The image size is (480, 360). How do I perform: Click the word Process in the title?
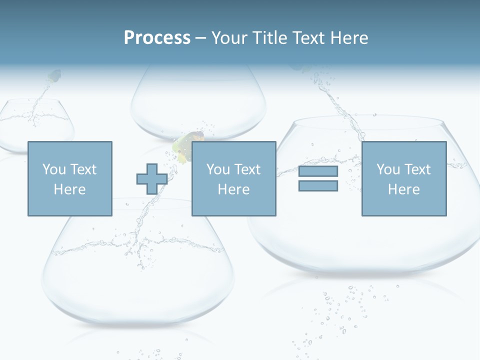157,37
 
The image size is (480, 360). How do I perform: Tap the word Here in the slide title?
348,37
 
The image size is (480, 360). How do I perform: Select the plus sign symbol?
152,179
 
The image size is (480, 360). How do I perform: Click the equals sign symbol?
318,179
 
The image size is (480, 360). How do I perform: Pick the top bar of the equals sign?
318,171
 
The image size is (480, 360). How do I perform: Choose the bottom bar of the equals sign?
318,186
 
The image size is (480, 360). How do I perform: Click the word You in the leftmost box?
54,169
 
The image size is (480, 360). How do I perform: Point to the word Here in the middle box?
233,189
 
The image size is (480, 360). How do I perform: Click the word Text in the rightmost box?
417,169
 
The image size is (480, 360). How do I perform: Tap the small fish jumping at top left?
54,76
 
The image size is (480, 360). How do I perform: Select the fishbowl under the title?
198,105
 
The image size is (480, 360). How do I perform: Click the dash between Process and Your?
201,38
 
